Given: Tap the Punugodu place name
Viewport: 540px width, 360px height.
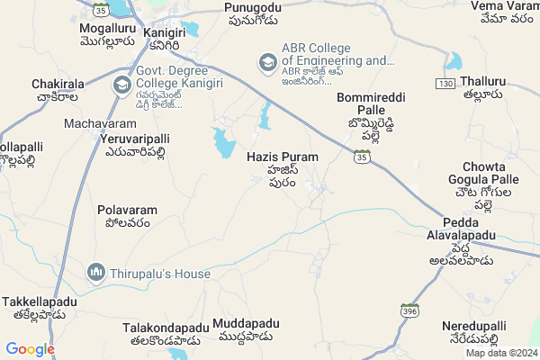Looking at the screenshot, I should click(253, 7).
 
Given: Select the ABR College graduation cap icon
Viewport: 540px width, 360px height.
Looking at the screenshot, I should click(267, 62).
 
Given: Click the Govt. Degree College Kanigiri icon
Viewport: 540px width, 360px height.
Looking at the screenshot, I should click(121, 85).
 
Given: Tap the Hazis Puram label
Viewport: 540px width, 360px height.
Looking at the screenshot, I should click(281, 157).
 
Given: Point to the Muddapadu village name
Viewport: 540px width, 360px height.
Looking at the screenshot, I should click(247, 323).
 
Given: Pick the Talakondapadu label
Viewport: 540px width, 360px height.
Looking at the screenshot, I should click(166, 329).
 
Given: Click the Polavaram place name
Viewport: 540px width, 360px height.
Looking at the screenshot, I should click(127, 210).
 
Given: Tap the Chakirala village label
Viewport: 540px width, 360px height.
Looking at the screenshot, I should click(58, 84).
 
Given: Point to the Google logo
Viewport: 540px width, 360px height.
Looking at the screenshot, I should click(30, 349).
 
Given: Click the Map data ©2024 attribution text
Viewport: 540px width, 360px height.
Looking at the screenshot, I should click(500, 352).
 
